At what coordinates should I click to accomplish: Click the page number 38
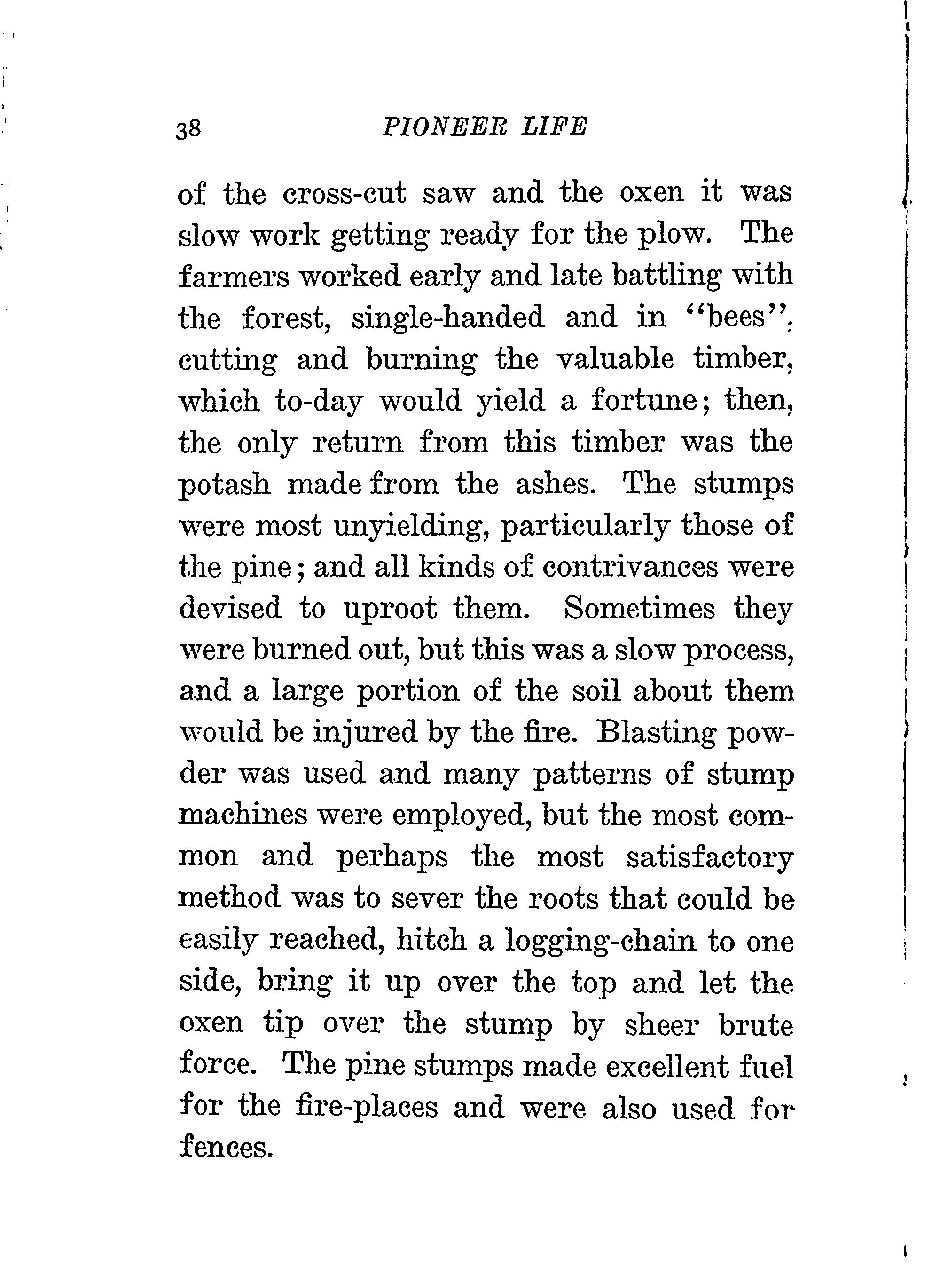tap(188, 129)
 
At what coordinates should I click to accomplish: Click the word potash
tap(225, 484)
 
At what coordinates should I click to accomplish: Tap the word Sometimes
tap(640, 609)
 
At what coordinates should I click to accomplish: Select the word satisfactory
tap(710, 858)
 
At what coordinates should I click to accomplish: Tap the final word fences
tap(227, 1149)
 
